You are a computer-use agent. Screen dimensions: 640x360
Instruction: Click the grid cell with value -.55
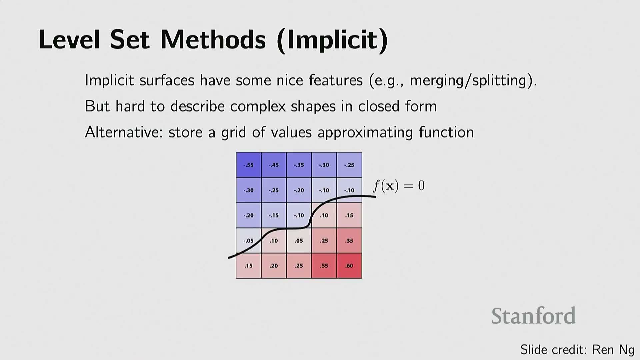[249, 165]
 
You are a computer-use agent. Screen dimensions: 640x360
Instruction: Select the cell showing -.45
[274, 165]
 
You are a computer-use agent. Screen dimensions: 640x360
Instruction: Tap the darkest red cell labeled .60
[349, 266]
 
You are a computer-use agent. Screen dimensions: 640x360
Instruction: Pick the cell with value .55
[324, 266]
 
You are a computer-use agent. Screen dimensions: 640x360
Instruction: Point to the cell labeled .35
[349, 241]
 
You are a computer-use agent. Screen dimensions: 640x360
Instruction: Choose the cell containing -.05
[249, 241]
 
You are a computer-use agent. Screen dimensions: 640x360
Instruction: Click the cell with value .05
[299, 241]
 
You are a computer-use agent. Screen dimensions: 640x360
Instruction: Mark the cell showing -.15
[274, 215]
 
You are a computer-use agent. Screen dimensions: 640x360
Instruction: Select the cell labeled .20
[274, 266]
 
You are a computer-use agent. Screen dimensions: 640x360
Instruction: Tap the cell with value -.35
[299, 165]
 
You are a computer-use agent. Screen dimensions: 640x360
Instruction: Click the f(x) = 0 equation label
[399, 186]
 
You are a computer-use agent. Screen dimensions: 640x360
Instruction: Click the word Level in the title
[69, 40]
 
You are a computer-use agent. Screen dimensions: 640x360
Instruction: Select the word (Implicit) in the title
[332, 40]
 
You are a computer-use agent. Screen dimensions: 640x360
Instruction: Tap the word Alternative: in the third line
[124, 132]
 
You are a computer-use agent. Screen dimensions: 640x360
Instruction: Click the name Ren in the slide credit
[603, 350]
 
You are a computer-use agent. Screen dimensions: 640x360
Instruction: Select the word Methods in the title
[213, 40]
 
